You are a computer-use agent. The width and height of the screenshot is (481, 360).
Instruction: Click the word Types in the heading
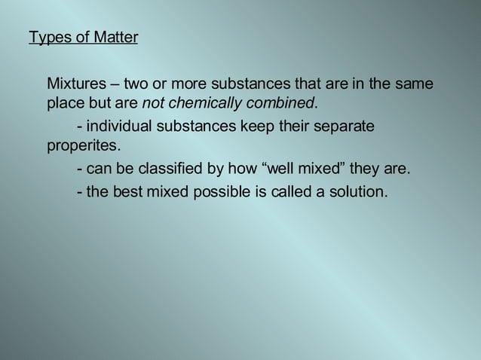click(x=46, y=37)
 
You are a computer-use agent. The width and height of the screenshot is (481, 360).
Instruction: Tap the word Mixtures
click(x=75, y=84)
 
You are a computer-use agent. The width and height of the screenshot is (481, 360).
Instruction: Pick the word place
click(x=64, y=102)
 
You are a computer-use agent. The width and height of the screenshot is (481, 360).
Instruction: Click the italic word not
click(x=153, y=102)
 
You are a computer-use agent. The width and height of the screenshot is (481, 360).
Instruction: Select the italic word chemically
click(x=202, y=102)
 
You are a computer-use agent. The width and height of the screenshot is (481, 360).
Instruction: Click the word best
click(x=127, y=191)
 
